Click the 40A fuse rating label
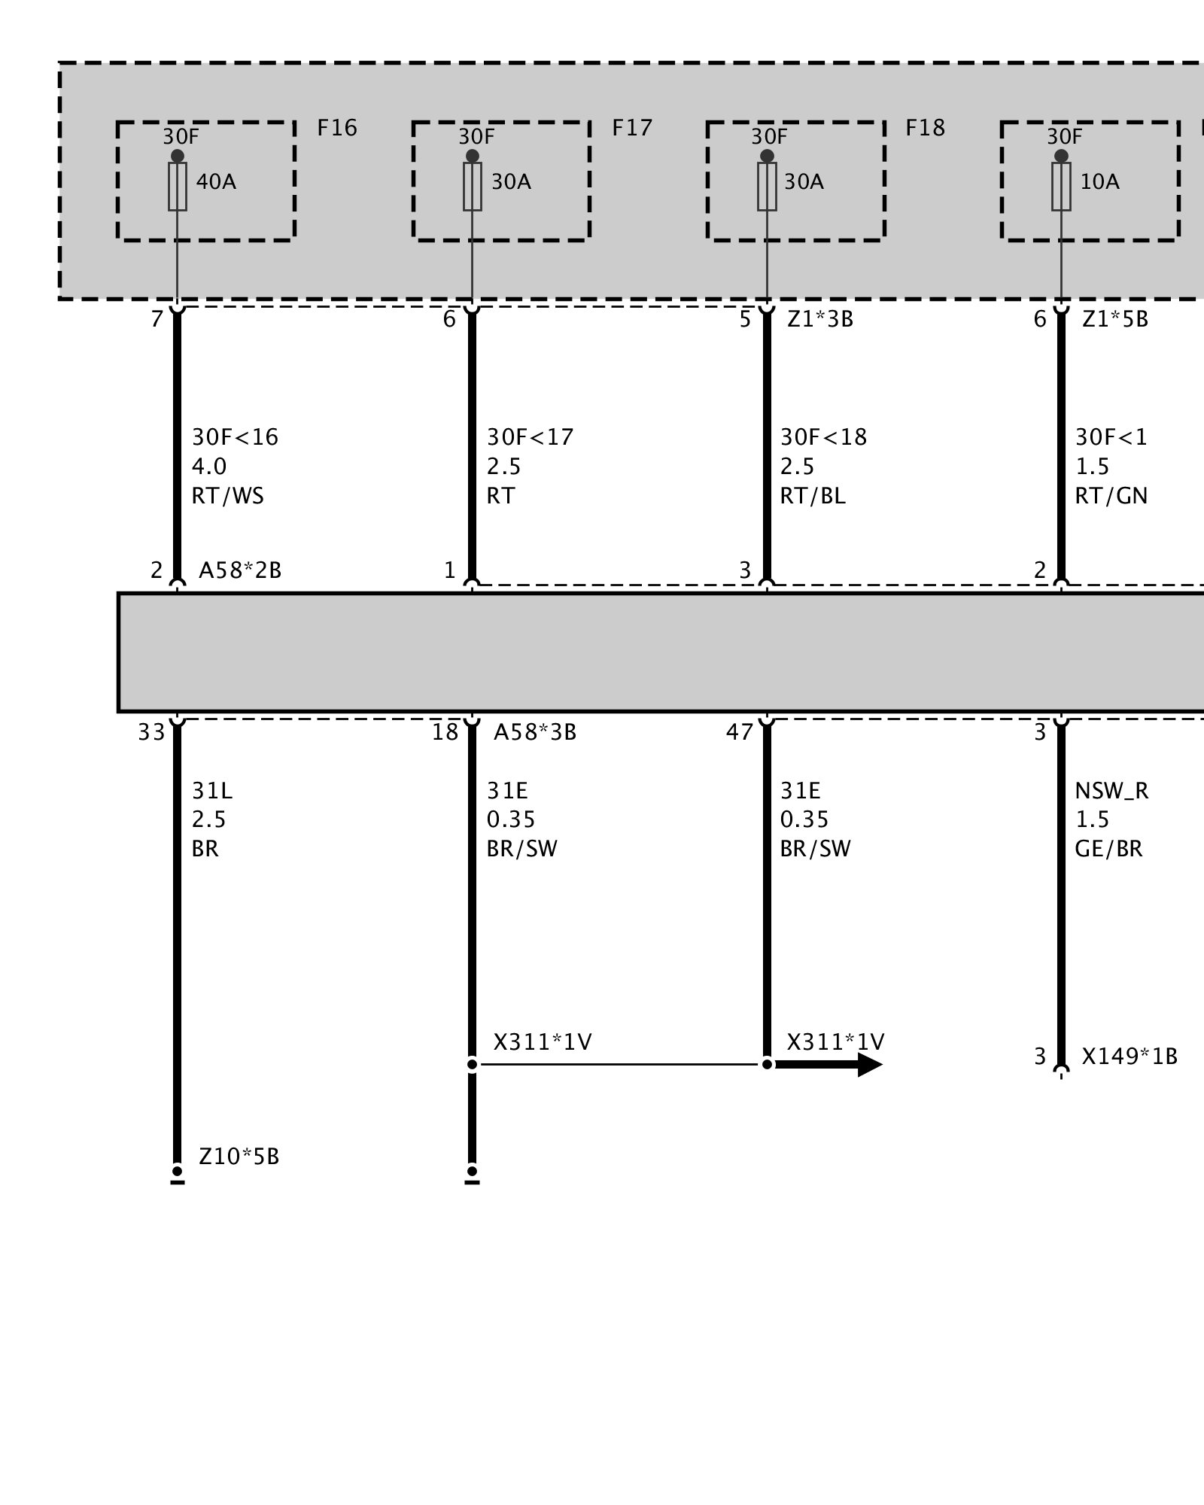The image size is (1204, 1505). tap(216, 182)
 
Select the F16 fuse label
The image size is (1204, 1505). tap(336, 128)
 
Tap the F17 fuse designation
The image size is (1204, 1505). tap(631, 128)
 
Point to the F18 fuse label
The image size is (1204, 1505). tap(925, 128)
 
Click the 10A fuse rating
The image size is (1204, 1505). tap(1099, 182)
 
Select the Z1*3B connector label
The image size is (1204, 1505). tap(820, 320)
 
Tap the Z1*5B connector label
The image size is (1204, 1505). tap(1115, 320)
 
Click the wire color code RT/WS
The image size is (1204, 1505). tap(228, 496)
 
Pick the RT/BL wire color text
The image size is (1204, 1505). tap(813, 496)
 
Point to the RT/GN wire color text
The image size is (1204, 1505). tap(1111, 496)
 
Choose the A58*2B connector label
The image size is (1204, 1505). tap(240, 570)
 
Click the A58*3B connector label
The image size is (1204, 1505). tap(535, 732)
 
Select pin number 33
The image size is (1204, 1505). tap(151, 732)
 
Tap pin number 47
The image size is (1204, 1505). tap(740, 732)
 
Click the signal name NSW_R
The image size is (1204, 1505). tap(1111, 791)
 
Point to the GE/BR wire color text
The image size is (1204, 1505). tap(1108, 849)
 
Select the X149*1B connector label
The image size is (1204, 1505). tap(1130, 1057)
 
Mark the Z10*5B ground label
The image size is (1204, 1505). tap(239, 1156)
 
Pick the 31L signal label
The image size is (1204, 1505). tap(212, 791)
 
